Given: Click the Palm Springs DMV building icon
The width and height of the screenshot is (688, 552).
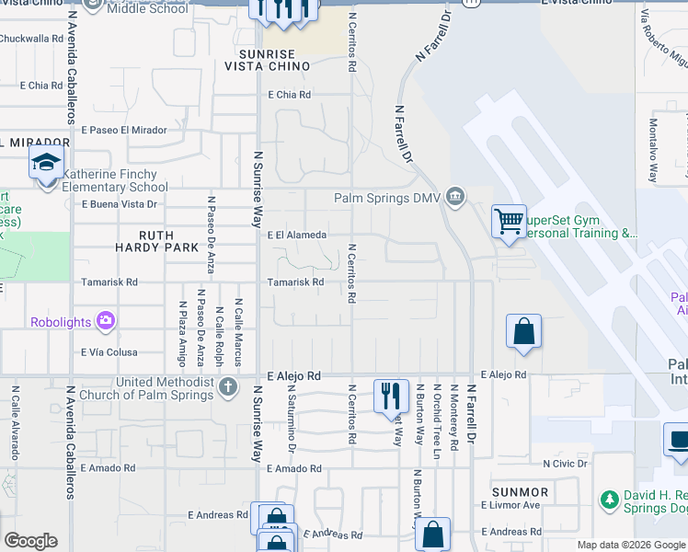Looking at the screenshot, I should pos(454,197).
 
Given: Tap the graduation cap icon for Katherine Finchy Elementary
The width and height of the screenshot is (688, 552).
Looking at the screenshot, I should pos(46,164).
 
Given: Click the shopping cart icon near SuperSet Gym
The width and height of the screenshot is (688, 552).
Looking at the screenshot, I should pos(509,221).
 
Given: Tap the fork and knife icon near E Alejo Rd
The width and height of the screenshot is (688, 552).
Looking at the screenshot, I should pos(391,396).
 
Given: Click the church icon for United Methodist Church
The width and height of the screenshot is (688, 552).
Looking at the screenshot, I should pos(229,385).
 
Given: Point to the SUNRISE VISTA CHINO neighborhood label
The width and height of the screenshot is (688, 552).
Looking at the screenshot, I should pos(269,60).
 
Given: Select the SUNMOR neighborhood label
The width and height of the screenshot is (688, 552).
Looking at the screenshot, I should pos(520,492).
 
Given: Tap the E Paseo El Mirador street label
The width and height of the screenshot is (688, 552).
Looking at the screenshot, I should pos(124,131).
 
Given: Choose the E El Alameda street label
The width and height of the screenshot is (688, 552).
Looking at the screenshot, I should pos(297,236).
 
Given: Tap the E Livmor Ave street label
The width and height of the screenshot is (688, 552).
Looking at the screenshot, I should pos(510,505).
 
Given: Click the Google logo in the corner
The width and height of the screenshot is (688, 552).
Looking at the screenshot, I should pos(30,541).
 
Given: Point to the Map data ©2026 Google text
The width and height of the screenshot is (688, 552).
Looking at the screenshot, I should pos(630,545).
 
